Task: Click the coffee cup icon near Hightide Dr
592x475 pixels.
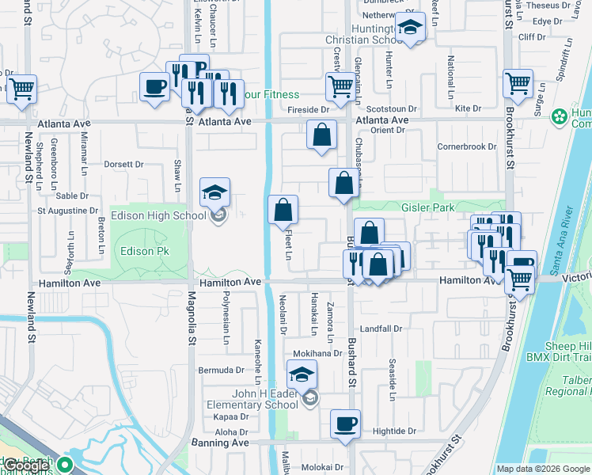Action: [x=344, y=424]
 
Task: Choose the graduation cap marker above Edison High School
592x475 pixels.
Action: [x=214, y=192]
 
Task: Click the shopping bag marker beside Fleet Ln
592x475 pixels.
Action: [x=283, y=210]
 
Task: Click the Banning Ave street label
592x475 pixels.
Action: [x=219, y=443]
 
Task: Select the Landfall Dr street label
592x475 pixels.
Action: [x=381, y=329]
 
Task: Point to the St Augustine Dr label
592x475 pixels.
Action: [x=67, y=211]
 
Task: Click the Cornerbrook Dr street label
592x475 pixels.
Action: [x=465, y=146]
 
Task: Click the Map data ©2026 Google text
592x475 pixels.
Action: [x=543, y=469]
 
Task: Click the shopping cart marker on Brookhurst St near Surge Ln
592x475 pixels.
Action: [x=518, y=82]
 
